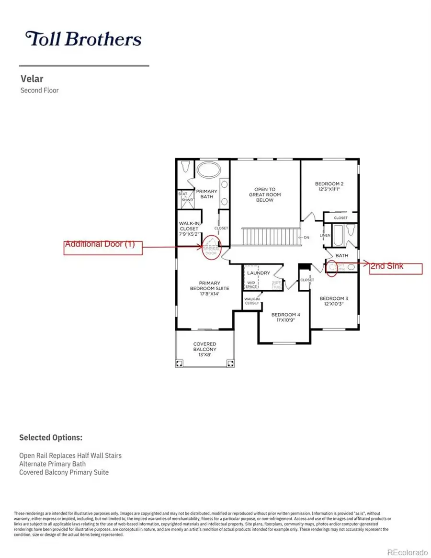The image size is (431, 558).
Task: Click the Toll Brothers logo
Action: [83, 39]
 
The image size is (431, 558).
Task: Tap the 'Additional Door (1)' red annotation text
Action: [100, 244]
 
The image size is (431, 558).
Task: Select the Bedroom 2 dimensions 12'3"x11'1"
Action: [329, 190]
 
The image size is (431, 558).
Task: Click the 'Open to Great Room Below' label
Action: [264, 194]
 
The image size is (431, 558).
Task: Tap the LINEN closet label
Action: [325, 236]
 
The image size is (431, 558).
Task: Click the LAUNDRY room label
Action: [259, 273]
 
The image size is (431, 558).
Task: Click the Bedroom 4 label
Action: [285, 315]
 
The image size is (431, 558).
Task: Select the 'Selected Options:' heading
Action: [51, 437]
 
